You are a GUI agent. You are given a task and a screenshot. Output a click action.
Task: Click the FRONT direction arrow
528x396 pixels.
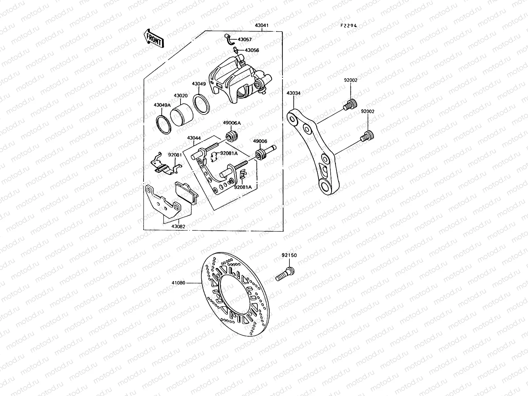point(153,39)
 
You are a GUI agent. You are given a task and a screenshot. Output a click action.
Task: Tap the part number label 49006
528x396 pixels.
point(260,141)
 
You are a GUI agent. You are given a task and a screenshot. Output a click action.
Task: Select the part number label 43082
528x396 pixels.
point(178,226)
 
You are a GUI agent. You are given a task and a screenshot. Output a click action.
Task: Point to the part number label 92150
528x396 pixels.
point(289,255)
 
